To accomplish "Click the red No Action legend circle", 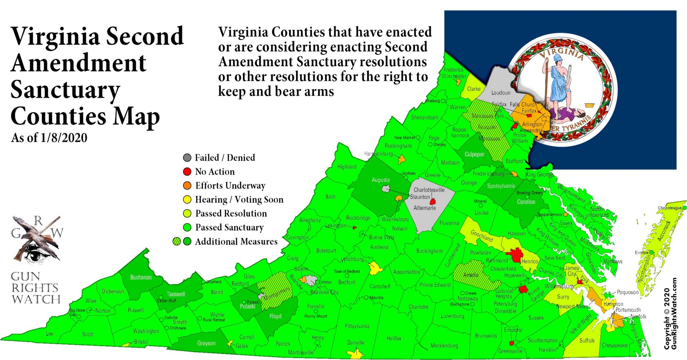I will click(187, 172).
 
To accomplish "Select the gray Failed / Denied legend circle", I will click(187, 158).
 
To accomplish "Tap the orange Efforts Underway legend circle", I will click(187, 186).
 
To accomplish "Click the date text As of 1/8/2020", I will click(49, 138).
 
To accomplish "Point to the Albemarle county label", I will click(424, 208).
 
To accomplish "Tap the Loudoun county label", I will click(501, 93).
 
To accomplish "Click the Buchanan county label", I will click(141, 277).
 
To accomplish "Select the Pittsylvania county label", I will click(357, 326).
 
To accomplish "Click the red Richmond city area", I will click(516, 255).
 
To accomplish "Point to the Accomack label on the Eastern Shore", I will click(664, 231).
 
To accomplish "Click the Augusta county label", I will click(380, 180).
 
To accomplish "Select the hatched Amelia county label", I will click(471, 275).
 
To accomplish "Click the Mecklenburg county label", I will click(444, 346).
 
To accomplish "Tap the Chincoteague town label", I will click(669, 208).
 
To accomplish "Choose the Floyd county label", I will click(275, 316).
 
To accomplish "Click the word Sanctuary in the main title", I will click(65, 90).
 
